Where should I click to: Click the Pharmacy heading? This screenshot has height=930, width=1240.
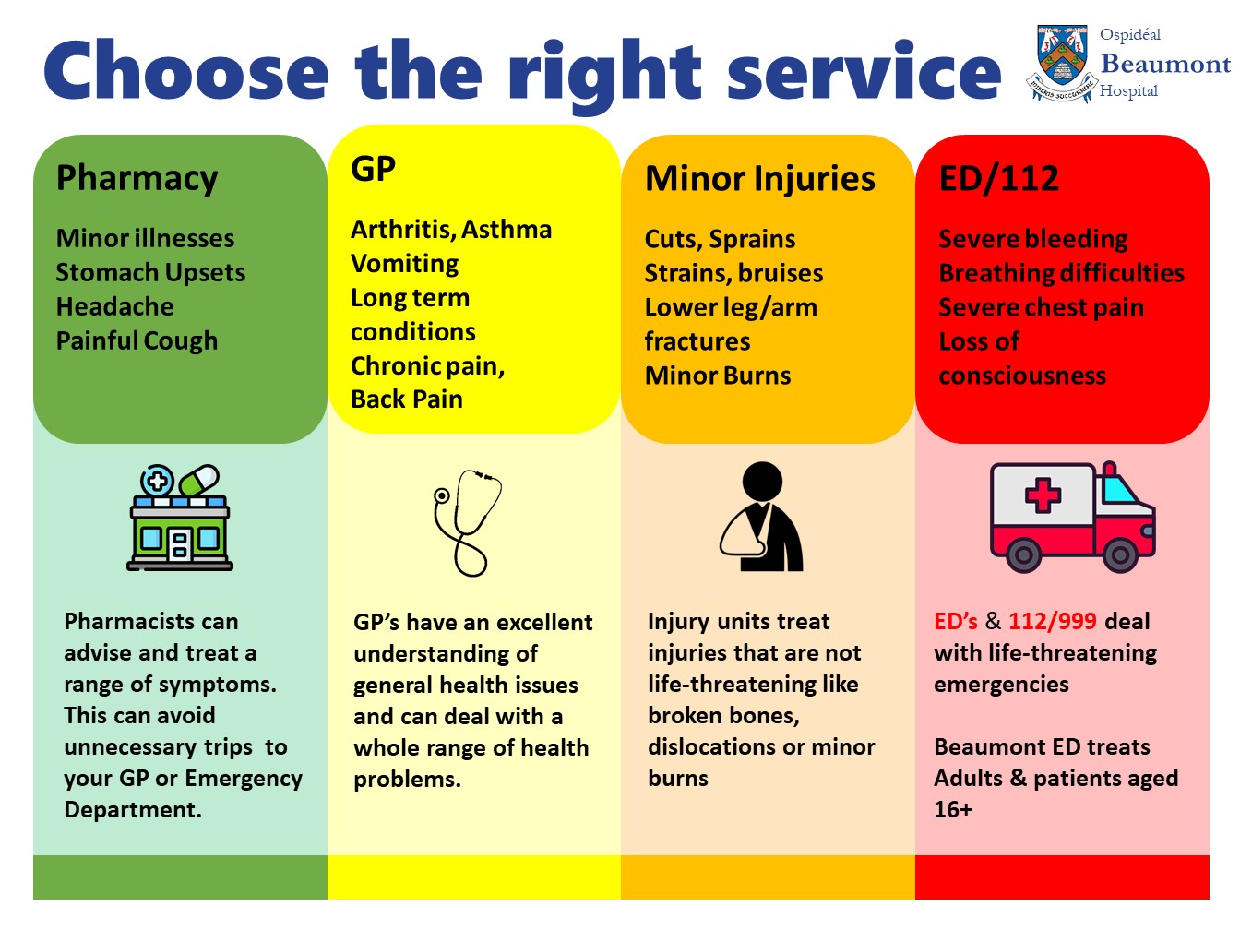pos(137,178)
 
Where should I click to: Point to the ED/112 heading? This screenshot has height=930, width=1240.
pos(999,178)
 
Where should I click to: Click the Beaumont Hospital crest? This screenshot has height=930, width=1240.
pos(1062,64)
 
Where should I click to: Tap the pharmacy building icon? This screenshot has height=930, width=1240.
pos(180,517)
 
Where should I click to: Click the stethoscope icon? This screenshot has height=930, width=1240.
pos(467,522)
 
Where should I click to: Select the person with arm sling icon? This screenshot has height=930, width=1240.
pos(761,516)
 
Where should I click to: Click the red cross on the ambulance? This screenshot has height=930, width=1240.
pos(1043,495)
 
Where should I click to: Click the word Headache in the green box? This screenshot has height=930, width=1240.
pos(114,306)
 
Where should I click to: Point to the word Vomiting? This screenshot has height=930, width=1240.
pos(404,264)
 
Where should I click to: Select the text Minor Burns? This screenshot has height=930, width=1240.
pos(718,376)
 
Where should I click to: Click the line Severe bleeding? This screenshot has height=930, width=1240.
pos(1033,239)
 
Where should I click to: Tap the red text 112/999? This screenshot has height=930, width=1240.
pos(1053,621)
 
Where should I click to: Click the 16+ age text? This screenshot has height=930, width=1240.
pos(953,810)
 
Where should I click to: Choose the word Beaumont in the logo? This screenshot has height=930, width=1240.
pos(1166,64)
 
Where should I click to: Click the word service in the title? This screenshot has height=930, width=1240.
pos(864,71)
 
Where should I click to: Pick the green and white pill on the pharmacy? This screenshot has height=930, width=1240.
pos(199,481)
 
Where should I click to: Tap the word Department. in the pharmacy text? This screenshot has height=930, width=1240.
pos(133,810)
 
